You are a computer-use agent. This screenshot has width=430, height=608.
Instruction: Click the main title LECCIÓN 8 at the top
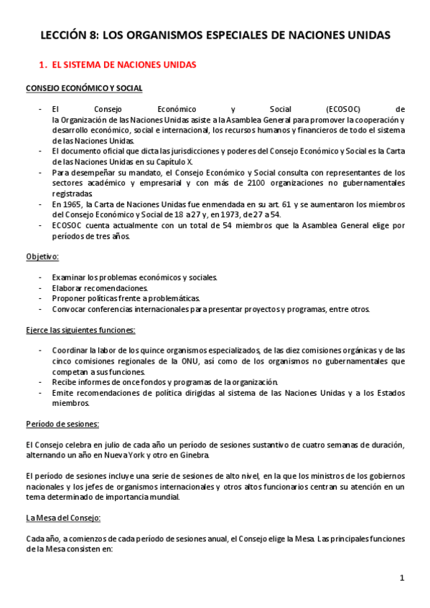coord(215,34)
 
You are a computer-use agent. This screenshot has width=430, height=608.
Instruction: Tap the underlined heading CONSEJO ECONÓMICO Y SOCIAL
coord(83,88)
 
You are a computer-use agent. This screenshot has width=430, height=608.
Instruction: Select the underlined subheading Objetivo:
coord(42,256)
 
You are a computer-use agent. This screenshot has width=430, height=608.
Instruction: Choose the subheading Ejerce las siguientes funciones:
coord(80,330)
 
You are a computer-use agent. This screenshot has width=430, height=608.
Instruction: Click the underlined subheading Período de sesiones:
coord(62,424)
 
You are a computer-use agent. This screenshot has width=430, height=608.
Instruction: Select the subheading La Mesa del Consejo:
coord(63,518)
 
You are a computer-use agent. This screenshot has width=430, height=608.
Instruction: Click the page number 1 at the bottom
coord(402,578)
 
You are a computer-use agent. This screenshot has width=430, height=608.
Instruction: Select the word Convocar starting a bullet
coord(70,309)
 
